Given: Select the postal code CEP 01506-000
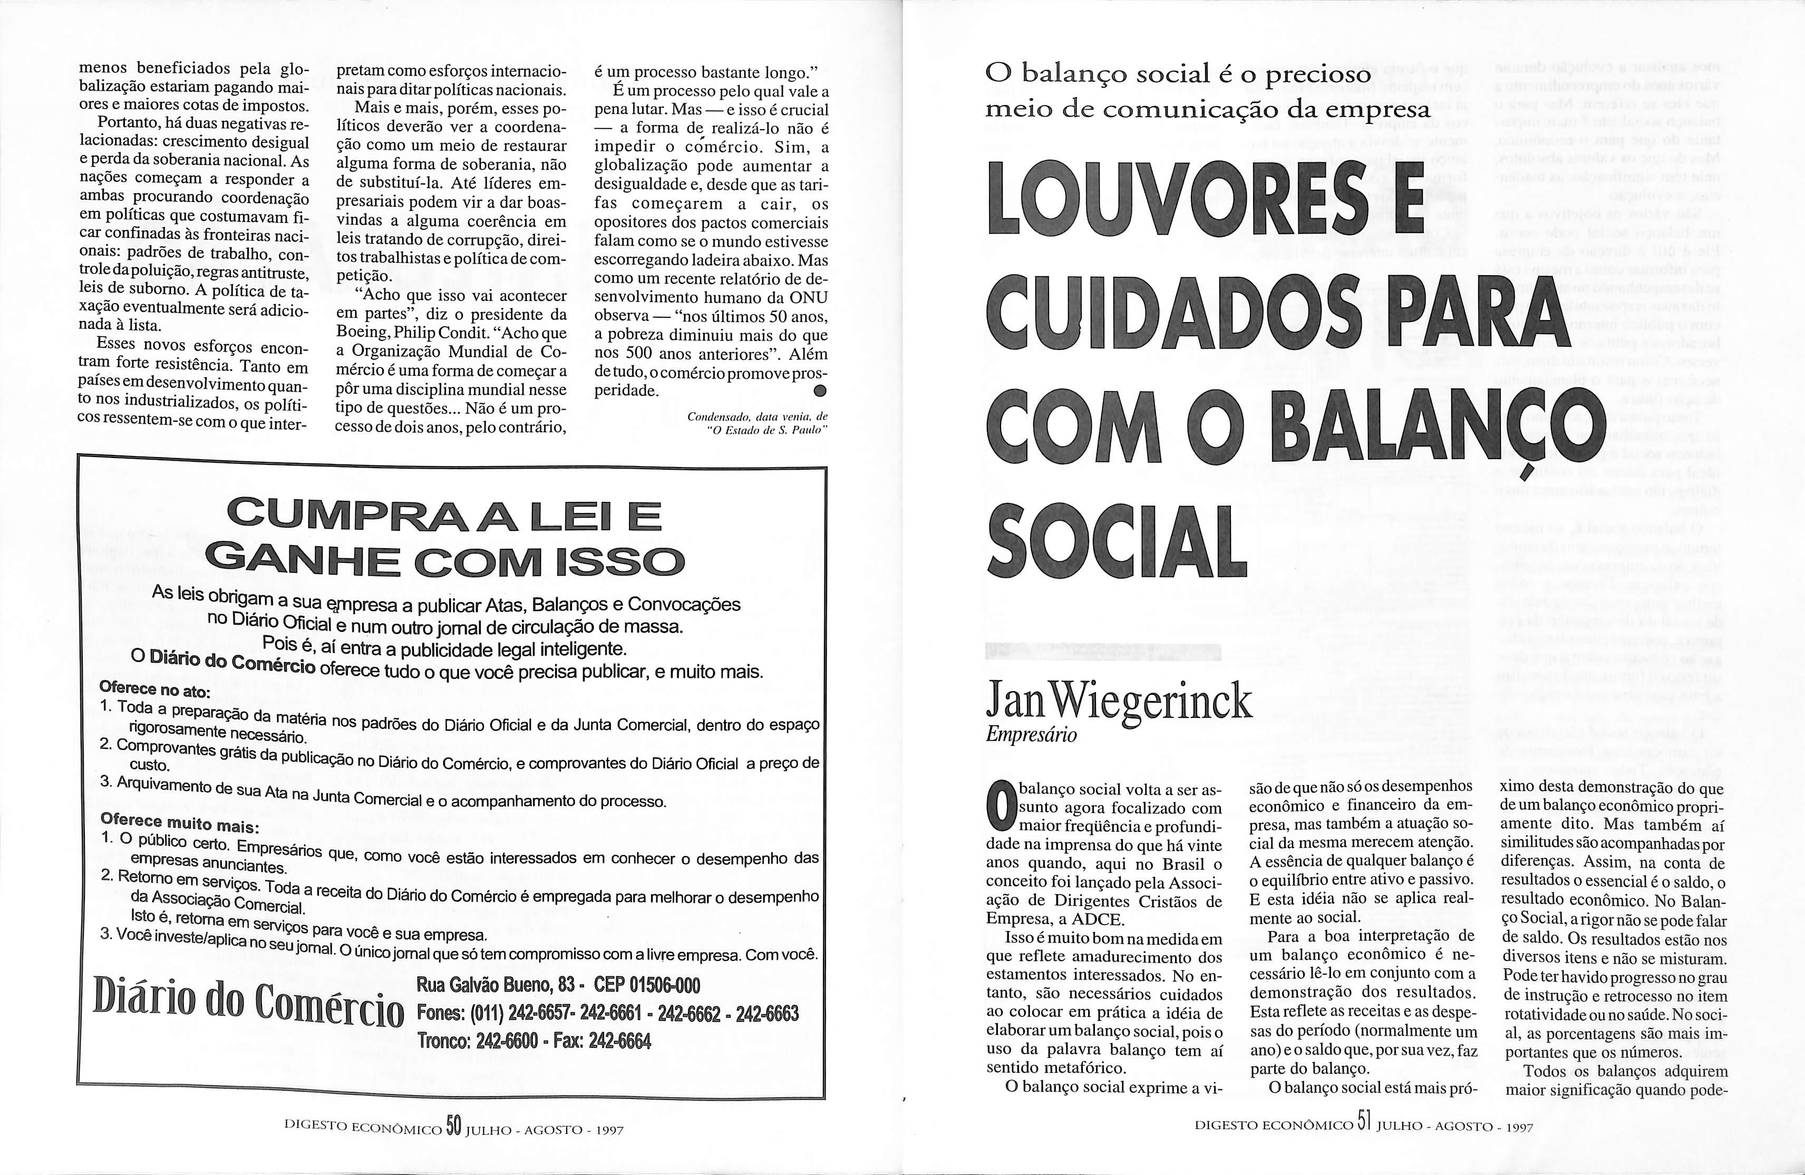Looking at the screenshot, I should (647, 985).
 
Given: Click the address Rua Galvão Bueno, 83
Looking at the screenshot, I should (496, 985).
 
